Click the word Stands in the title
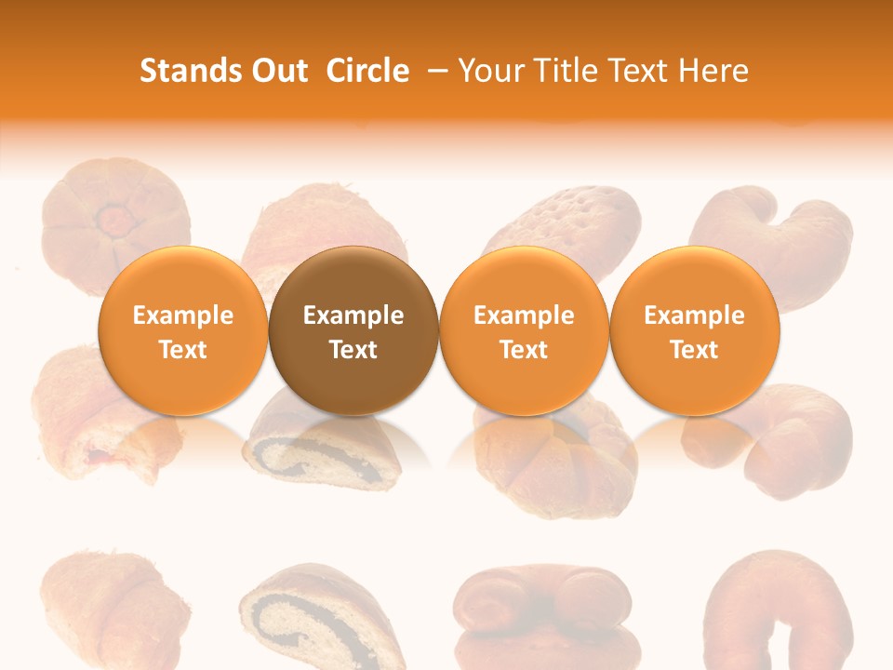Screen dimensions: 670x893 pos(187,71)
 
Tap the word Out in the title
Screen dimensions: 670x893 pos(277,71)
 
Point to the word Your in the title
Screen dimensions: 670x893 pos(486,71)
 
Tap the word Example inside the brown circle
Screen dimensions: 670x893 pos(353,315)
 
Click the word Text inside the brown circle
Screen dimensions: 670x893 pos(353,350)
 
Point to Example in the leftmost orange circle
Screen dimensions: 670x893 pos(182,315)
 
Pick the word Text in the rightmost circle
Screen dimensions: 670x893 pos(694,350)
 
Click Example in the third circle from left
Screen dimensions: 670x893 pos(524,315)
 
